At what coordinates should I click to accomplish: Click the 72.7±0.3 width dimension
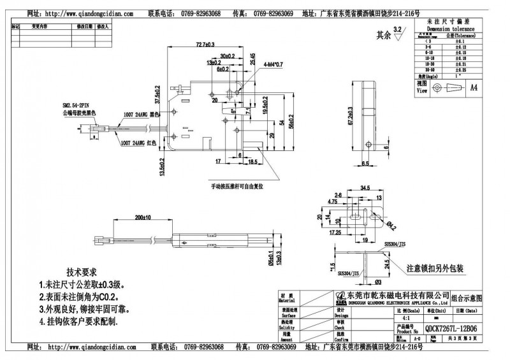[x=205, y=45]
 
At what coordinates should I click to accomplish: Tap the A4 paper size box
[x=474, y=87]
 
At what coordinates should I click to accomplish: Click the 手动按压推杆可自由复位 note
[x=238, y=187]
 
